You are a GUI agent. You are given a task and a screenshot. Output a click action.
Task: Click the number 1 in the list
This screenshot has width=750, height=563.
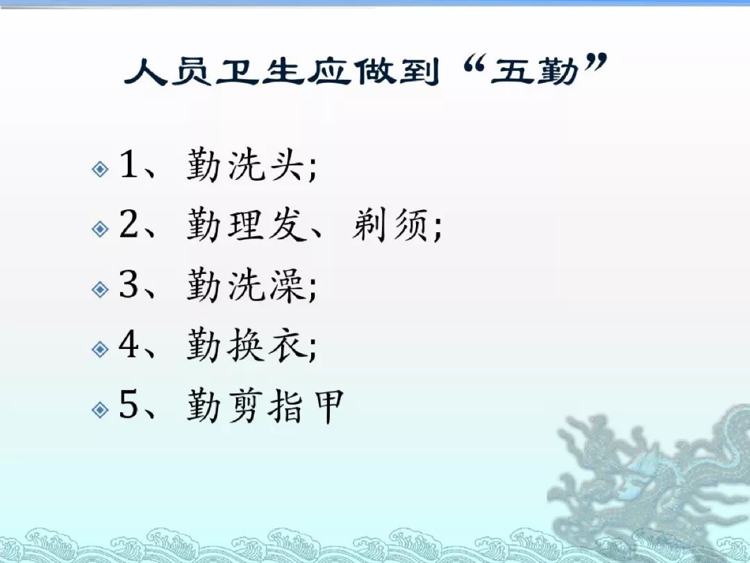coord(128,164)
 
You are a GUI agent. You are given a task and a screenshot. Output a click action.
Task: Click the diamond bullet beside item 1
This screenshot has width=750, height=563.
coord(100,168)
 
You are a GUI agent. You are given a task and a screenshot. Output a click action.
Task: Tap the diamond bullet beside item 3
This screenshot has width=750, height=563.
coord(100,289)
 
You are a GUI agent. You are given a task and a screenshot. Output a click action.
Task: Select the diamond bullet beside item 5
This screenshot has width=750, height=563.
coord(100,410)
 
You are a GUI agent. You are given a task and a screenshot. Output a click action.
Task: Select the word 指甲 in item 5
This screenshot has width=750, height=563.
coord(306,405)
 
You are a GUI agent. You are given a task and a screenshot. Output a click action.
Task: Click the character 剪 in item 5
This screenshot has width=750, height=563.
coord(246,405)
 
